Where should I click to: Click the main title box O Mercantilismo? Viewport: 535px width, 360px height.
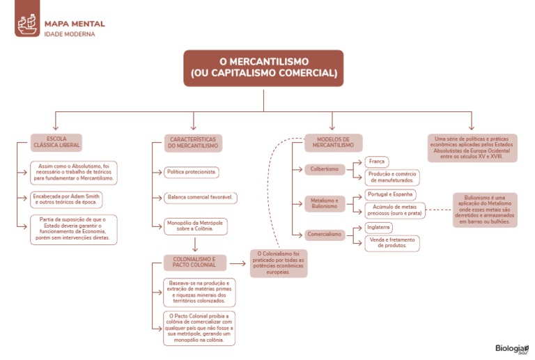[263, 68]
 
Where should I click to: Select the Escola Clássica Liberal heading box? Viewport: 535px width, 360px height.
[56, 143]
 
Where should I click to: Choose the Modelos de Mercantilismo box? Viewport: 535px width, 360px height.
[333, 143]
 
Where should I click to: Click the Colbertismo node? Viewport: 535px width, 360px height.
[324, 169]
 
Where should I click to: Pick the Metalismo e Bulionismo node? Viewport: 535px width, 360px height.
[324, 203]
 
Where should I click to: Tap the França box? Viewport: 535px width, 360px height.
[377, 162]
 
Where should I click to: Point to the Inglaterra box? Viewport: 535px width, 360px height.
[380, 227]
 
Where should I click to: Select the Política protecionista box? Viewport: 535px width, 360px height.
[192, 171]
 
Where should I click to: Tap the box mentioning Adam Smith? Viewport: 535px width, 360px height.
[75, 200]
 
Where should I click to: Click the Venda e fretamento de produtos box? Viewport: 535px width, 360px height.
[391, 242]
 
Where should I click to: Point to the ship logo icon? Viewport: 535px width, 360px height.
[26, 25]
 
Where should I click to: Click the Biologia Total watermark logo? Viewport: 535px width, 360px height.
[511, 349]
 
